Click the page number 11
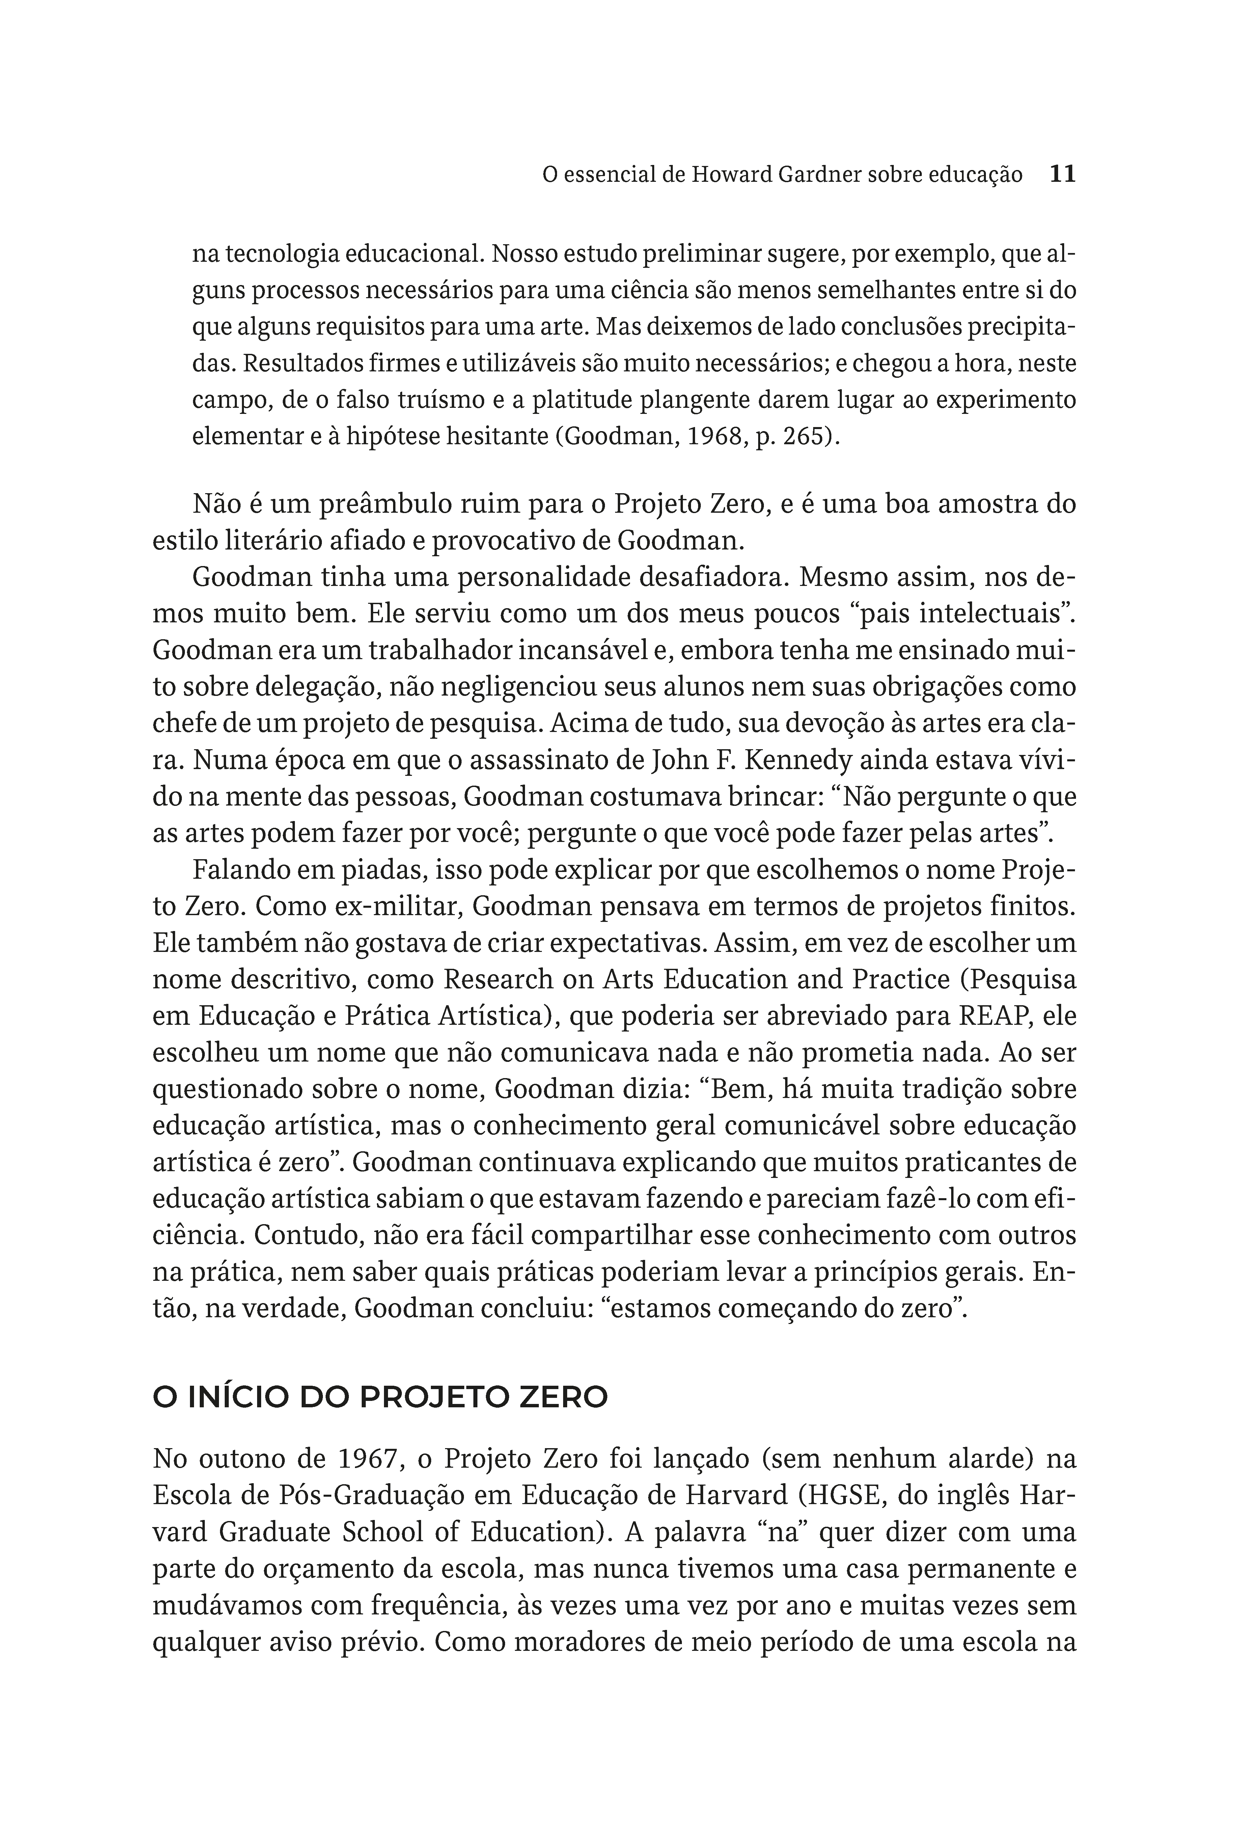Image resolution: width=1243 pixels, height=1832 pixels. pos(1062,174)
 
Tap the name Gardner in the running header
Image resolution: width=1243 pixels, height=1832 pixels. pos(819,175)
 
